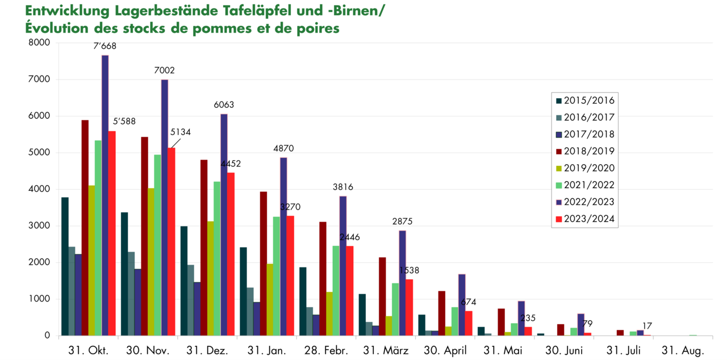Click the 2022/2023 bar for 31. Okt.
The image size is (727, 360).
(105, 195)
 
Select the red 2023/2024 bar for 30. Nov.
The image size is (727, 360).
(171, 242)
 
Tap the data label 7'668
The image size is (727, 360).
(105, 46)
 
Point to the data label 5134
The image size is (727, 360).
(181, 132)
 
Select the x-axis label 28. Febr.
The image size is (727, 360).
(326, 350)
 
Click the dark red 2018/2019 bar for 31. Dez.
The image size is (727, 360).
(204, 248)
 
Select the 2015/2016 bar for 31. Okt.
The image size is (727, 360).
(65, 266)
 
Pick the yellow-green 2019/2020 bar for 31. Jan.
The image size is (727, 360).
(270, 299)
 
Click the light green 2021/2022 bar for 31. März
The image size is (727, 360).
(395, 309)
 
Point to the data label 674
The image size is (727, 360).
(469, 302)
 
